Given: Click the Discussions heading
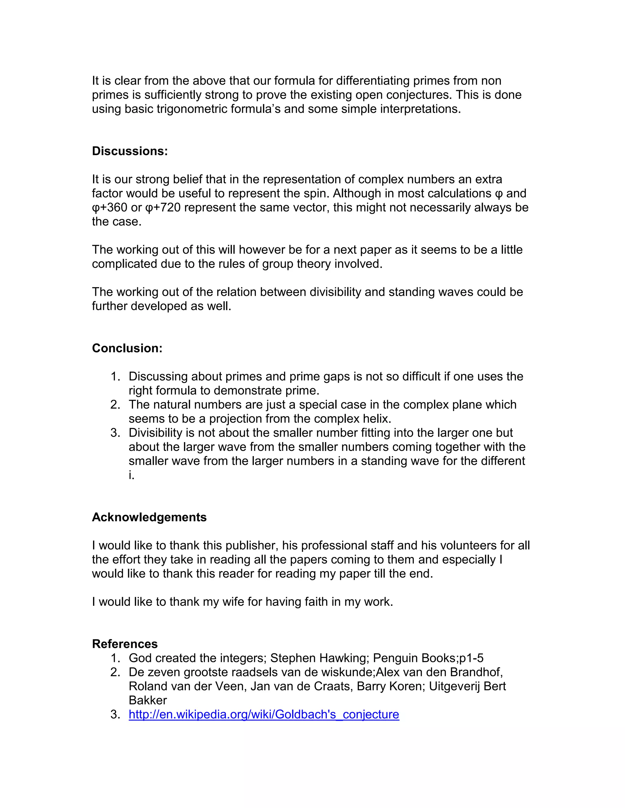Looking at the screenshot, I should (x=130, y=151).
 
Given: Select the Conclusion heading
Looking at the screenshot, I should (x=127, y=348).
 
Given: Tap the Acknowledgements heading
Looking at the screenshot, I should (x=149, y=517).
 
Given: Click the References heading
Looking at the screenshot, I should (x=125, y=644).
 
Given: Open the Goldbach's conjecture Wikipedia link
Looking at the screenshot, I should (x=264, y=714).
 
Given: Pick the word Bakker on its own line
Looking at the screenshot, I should (x=148, y=700).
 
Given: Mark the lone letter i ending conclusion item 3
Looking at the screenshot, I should (x=131, y=475).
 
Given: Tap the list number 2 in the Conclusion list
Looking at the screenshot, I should (x=115, y=404).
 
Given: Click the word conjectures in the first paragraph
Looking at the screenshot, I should (x=419, y=95).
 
